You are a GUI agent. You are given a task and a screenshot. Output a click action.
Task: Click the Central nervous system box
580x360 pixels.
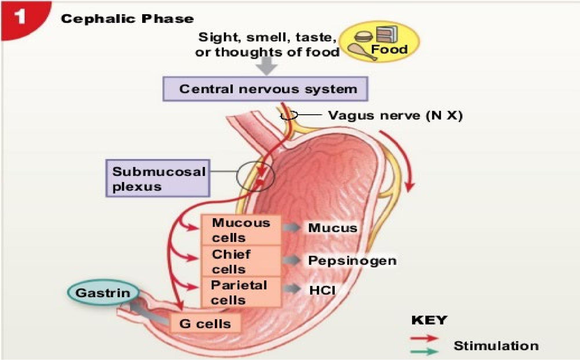tap(265, 89)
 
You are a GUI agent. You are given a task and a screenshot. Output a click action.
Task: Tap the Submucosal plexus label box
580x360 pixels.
tap(158, 178)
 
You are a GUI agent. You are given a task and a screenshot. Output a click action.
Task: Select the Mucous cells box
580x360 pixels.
tap(241, 230)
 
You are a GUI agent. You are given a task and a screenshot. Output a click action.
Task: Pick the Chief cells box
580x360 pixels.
tap(241, 261)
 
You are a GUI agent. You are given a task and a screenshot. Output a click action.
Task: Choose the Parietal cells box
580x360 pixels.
tap(241, 292)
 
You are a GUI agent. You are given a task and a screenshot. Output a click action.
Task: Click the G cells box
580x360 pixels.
tap(205, 324)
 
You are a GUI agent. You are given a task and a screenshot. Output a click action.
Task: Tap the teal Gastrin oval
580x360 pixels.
tap(103, 293)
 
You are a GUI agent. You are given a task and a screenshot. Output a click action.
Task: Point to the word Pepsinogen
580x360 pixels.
tap(352, 260)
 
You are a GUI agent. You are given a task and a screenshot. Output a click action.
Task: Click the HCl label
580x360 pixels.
tap(322, 290)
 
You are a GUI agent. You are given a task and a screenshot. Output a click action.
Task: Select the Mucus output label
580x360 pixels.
tap(332, 228)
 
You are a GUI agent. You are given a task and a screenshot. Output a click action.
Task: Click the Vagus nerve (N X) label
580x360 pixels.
tap(395, 115)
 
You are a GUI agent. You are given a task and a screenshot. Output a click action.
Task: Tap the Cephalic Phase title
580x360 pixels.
tap(127, 19)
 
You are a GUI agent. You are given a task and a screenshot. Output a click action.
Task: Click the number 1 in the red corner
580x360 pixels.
tap(20, 16)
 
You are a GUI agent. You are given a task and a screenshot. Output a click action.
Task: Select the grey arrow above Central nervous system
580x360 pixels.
tap(267, 66)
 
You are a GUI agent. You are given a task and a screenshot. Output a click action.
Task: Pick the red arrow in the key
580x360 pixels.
tap(424, 338)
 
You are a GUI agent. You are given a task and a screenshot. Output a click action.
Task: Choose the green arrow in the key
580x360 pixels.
tap(424, 351)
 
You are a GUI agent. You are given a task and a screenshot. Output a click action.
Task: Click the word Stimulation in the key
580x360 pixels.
tap(496, 346)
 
